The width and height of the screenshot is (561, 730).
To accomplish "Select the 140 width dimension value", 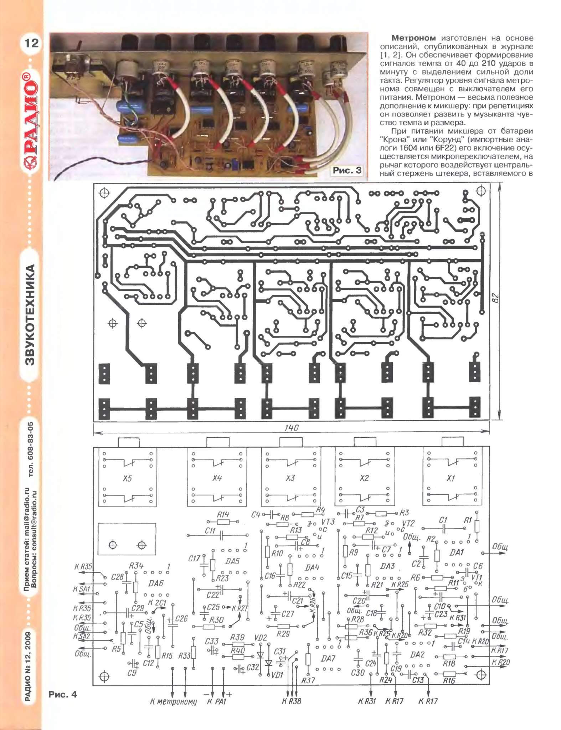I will coord(292,428).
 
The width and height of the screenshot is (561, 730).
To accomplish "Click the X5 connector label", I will coord(127,478).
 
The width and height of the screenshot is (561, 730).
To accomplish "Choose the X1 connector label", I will coord(451,478).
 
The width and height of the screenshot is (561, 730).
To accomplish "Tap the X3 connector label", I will coord(290,478).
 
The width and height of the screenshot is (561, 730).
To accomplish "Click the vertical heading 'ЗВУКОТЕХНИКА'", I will coord(31,315).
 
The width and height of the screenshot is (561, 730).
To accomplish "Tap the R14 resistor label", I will coord(223,514).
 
